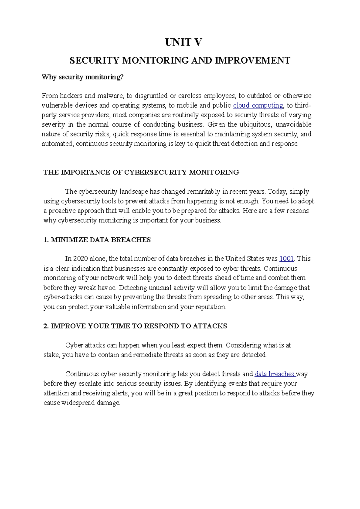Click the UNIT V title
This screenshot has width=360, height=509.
[183, 42]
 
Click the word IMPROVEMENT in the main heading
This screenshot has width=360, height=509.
[253, 61]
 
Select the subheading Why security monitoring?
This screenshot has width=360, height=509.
[82, 77]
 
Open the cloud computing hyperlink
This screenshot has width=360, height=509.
[258, 106]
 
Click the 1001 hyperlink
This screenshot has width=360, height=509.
[286, 259]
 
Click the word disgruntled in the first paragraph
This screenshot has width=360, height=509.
[151, 96]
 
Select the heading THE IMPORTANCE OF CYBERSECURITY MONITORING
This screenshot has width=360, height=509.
[141, 172]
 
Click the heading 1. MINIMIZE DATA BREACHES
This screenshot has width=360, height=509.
[97, 240]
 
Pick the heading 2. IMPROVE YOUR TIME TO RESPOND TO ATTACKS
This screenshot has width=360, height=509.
[135, 326]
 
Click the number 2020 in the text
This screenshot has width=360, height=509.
[80, 259]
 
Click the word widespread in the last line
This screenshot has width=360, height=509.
[78, 403]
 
